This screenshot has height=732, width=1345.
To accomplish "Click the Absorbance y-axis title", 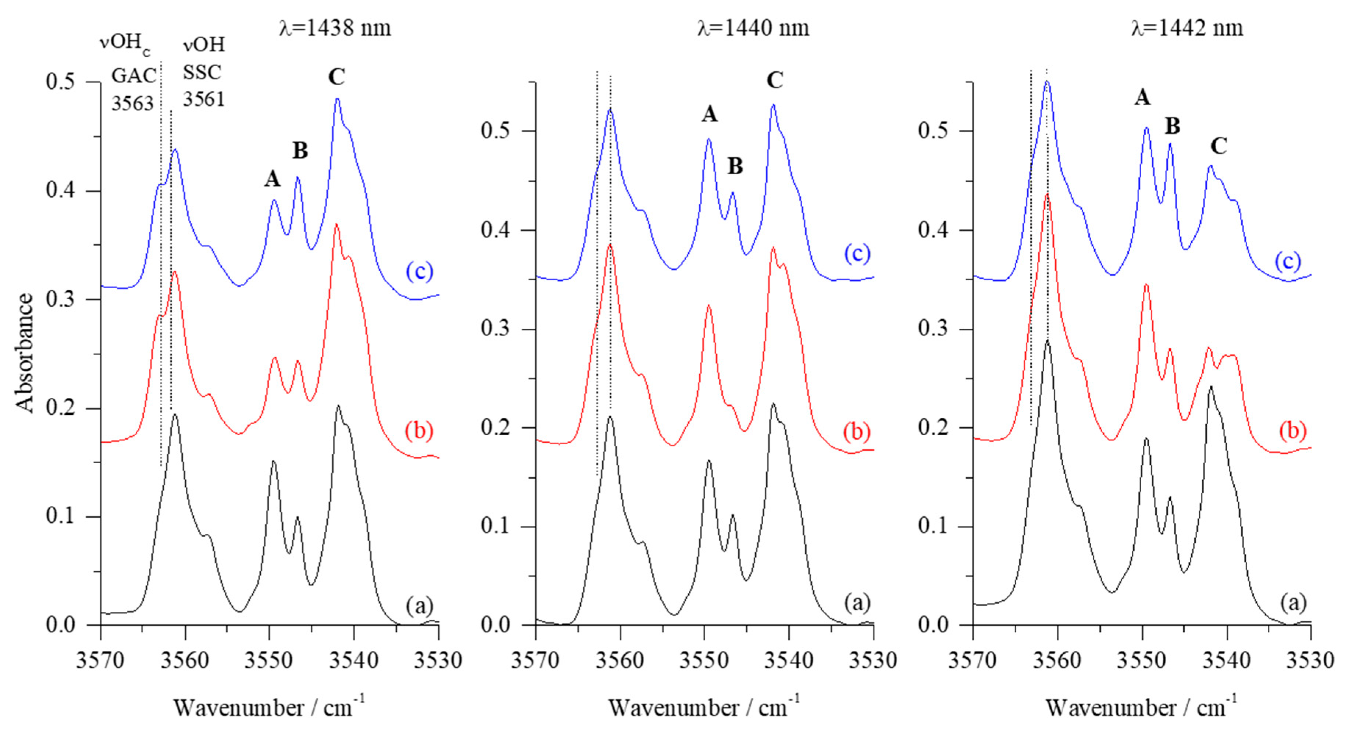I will pos(25,353).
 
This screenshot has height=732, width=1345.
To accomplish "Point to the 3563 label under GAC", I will pos(133,103).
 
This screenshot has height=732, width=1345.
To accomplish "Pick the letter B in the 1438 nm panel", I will pos(300,150).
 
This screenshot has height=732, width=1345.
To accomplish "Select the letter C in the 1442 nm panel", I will pos(1218,146).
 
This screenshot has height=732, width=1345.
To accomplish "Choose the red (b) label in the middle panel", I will pos(856,432).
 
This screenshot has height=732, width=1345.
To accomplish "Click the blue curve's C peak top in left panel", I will pos(337,98).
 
